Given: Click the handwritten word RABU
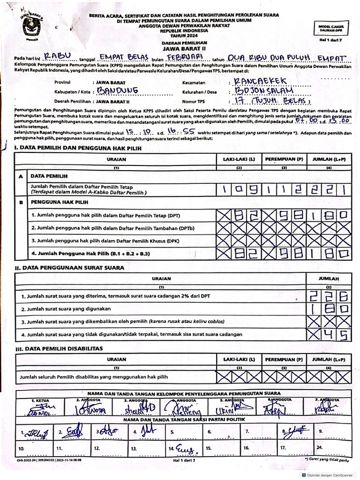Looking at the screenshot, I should click(x=58, y=57).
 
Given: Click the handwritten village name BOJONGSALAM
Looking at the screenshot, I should click(x=265, y=90).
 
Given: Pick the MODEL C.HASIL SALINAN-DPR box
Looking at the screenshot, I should click(x=331, y=29).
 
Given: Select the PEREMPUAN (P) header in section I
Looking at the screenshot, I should click(x=284, y=159).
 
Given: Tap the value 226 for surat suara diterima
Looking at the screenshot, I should click(x=328, y=297).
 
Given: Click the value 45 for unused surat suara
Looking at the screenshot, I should click(x=335, y=334).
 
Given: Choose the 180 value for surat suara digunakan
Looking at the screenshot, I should click(x=328, y=309).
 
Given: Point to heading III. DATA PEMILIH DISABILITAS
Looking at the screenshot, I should click(x=59, y=349).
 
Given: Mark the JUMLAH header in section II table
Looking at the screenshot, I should click(x=328, y=278).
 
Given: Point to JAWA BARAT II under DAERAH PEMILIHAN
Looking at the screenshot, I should click(x=184, y=48).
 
